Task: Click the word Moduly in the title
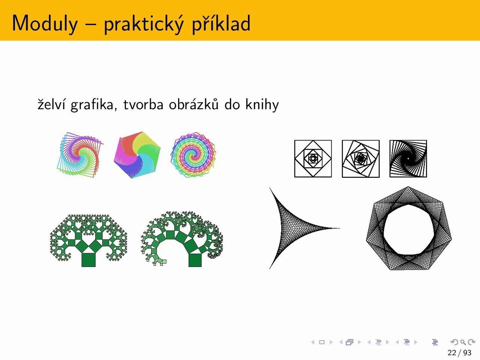click(x=45, y=23)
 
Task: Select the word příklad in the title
click(x=221, y=23)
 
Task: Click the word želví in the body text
click(x=51, y=104)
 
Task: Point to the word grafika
click(x=92, y=105)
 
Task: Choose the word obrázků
click(x=194, y=104)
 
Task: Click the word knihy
click(x=262, y=105)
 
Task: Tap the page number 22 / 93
click(x=459, y=352)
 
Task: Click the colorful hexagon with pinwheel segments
click(x=137, y=155)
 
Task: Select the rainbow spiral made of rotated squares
click(x=80, y=155)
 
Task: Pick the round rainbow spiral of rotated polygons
click(x=193, y=155)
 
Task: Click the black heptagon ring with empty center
click(x=409, y=228)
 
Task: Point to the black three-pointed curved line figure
click(x=282, y=228)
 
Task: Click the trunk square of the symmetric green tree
click(x=88, y=260)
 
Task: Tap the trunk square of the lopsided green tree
click(x=195, y=260)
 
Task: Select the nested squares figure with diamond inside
click(x=313, y=159)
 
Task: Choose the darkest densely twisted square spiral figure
click(x=408, y=159)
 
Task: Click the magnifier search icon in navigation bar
click(x=463, y=342)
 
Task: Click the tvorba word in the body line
click(x=144, y=104)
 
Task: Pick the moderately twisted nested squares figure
click(x=361, y=159)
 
